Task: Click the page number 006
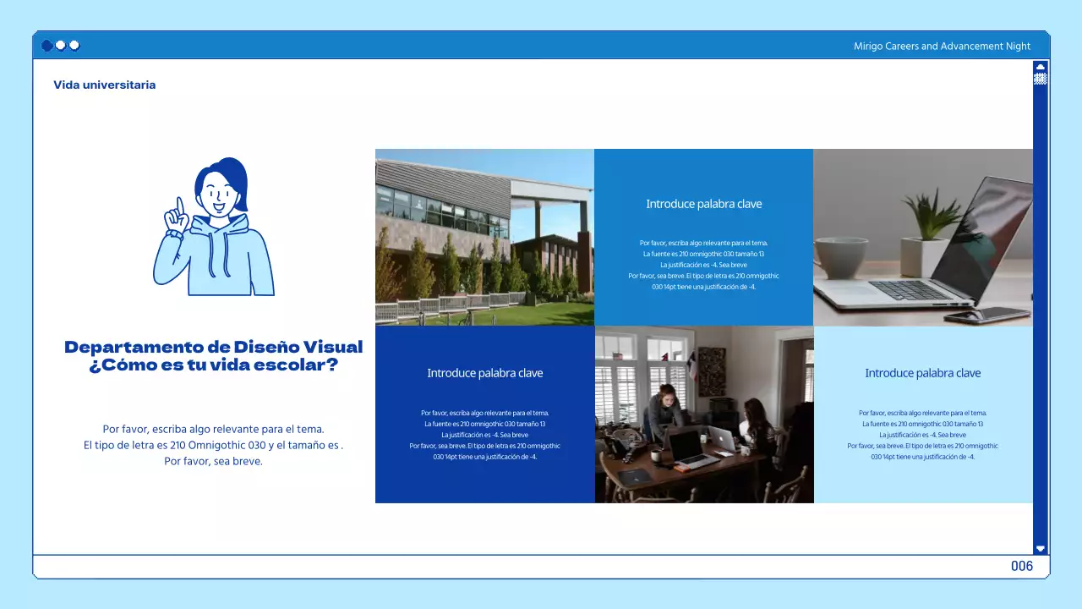1022,566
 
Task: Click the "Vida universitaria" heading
104,85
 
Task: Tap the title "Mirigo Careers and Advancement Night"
942,47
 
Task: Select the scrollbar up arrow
1041,66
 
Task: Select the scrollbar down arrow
1041,548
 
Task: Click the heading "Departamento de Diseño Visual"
213,347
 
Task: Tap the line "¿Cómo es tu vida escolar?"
213,365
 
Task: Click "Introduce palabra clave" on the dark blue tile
484,373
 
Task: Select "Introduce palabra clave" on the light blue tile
922,373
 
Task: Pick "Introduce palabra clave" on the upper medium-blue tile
703,204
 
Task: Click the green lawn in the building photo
524,312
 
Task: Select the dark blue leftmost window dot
47,46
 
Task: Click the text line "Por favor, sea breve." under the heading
213,462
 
